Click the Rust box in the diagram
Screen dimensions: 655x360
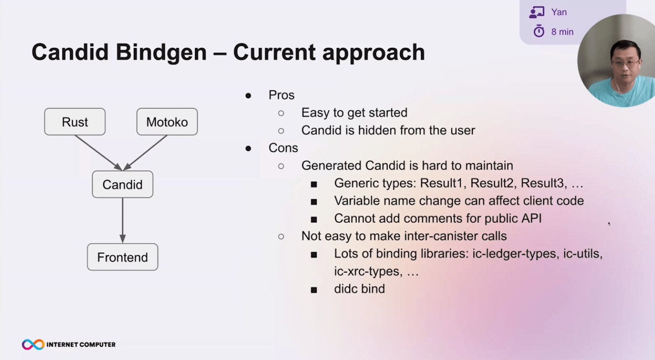75,122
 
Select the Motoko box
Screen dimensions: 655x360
167,122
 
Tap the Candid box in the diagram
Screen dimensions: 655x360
123,184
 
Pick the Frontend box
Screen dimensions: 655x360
123,257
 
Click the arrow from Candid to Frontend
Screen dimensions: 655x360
123,220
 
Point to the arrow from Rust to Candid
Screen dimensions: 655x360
99,153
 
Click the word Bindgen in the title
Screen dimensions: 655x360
161,53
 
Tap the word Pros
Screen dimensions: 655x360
281,95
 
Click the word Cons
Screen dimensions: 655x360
283,148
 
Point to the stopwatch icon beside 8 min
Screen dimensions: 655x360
539,31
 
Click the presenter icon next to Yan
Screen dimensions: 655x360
537,12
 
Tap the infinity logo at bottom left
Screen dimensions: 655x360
33,344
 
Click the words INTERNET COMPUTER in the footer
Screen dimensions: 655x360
81,344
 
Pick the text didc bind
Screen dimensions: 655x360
359,289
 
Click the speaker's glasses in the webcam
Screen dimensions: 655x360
626,63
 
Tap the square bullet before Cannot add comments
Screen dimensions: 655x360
314,219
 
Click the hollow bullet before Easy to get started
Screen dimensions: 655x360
281,113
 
